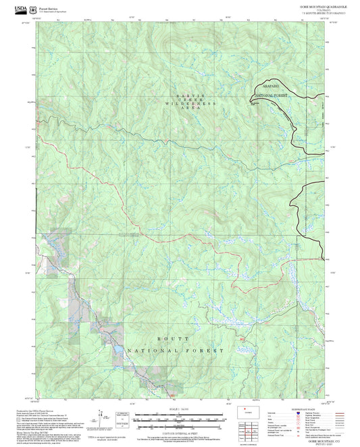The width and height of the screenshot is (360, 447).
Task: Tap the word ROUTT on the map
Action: (x=168, y=338)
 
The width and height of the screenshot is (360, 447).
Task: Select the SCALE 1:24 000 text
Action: (x=179, y=409)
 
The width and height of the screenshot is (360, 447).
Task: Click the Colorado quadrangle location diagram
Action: (x=246, y=412)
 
